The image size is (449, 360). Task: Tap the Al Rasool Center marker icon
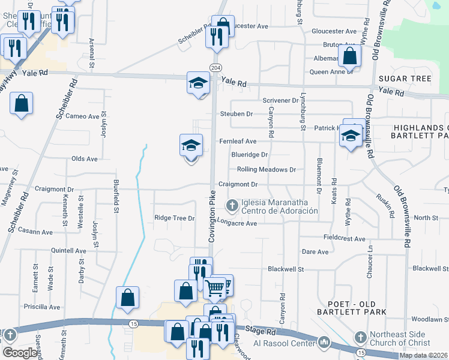[x=324, y=343]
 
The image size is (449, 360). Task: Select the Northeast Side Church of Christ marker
[x=360, y=337]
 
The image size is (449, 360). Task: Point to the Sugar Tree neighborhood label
[x=405, y=79]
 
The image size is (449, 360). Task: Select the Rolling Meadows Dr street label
[x=267, y=170]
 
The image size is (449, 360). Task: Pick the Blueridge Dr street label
[x=250, y=155]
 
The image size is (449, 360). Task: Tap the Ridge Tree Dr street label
[x=175, y=218]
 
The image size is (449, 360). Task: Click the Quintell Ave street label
[x=68, y=251]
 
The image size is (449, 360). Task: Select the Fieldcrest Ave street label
[x=344, y=239]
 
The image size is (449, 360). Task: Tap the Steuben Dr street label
[x=237, y=113]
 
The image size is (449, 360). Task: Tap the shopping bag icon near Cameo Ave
[x=22, y=103]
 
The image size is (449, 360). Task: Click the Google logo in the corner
[x=20, y=353]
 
